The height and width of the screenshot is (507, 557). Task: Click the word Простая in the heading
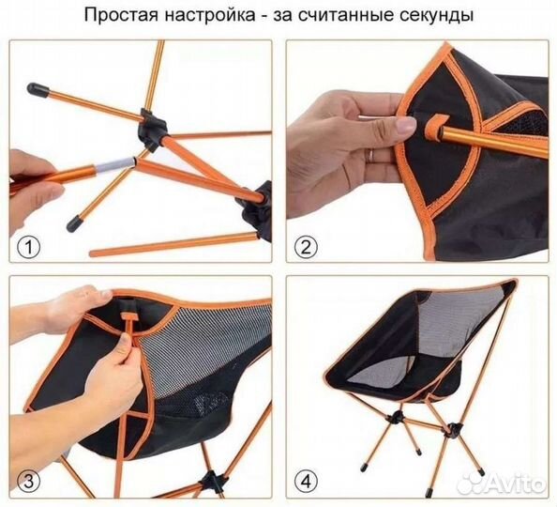120,16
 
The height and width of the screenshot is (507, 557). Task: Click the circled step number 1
30,248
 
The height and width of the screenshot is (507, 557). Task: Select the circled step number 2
304,248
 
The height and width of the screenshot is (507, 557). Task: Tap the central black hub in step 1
147,126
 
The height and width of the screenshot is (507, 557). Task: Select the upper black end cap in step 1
38,90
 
